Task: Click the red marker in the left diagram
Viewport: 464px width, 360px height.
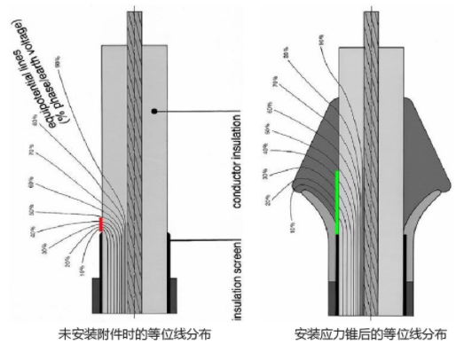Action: click(101, 224)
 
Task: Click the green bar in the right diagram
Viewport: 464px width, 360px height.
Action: click(337, 201)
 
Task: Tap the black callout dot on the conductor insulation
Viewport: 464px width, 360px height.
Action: click(155, 111)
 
